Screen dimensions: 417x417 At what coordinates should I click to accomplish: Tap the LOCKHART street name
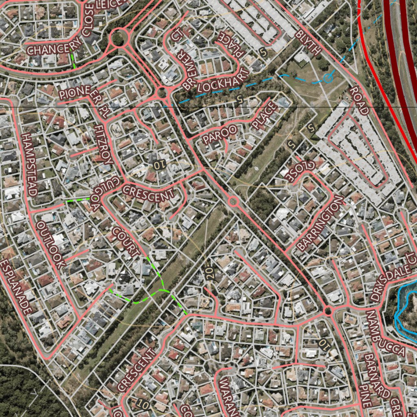pos(217,81)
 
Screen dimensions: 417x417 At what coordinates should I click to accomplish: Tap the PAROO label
pos(219,135)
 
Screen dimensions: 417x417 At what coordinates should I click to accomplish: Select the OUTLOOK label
pos(51,244)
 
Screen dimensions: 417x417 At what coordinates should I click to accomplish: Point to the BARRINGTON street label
pos(320,223)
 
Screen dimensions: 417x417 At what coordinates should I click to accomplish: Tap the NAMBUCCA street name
pos(385,334)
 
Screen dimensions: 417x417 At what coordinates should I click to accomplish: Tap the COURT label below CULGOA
pos(126,242)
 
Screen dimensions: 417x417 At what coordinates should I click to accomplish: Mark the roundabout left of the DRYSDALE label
pos(328,312)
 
